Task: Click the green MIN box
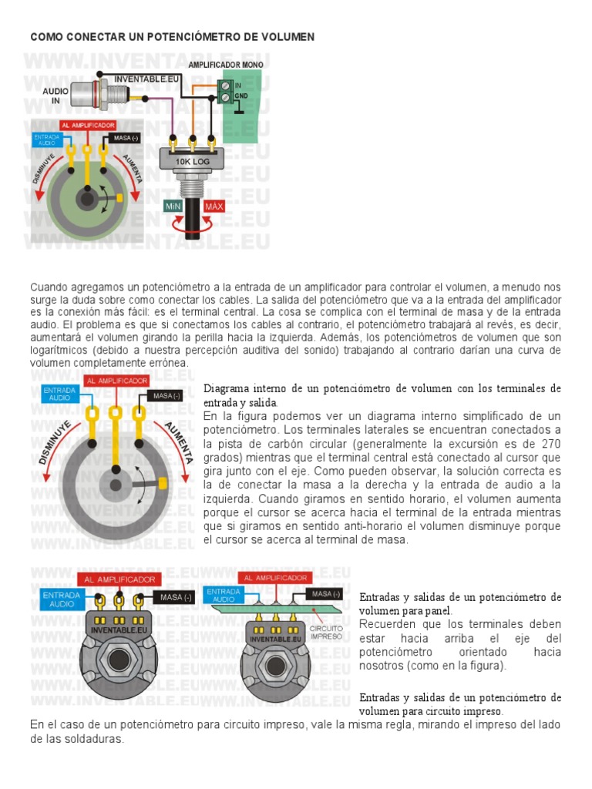pos(173,206)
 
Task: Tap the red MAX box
pos(214,206)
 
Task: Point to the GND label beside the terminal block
pos(240,96)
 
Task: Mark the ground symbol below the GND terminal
pos(240,112)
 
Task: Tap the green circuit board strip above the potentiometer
pos(277,609)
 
